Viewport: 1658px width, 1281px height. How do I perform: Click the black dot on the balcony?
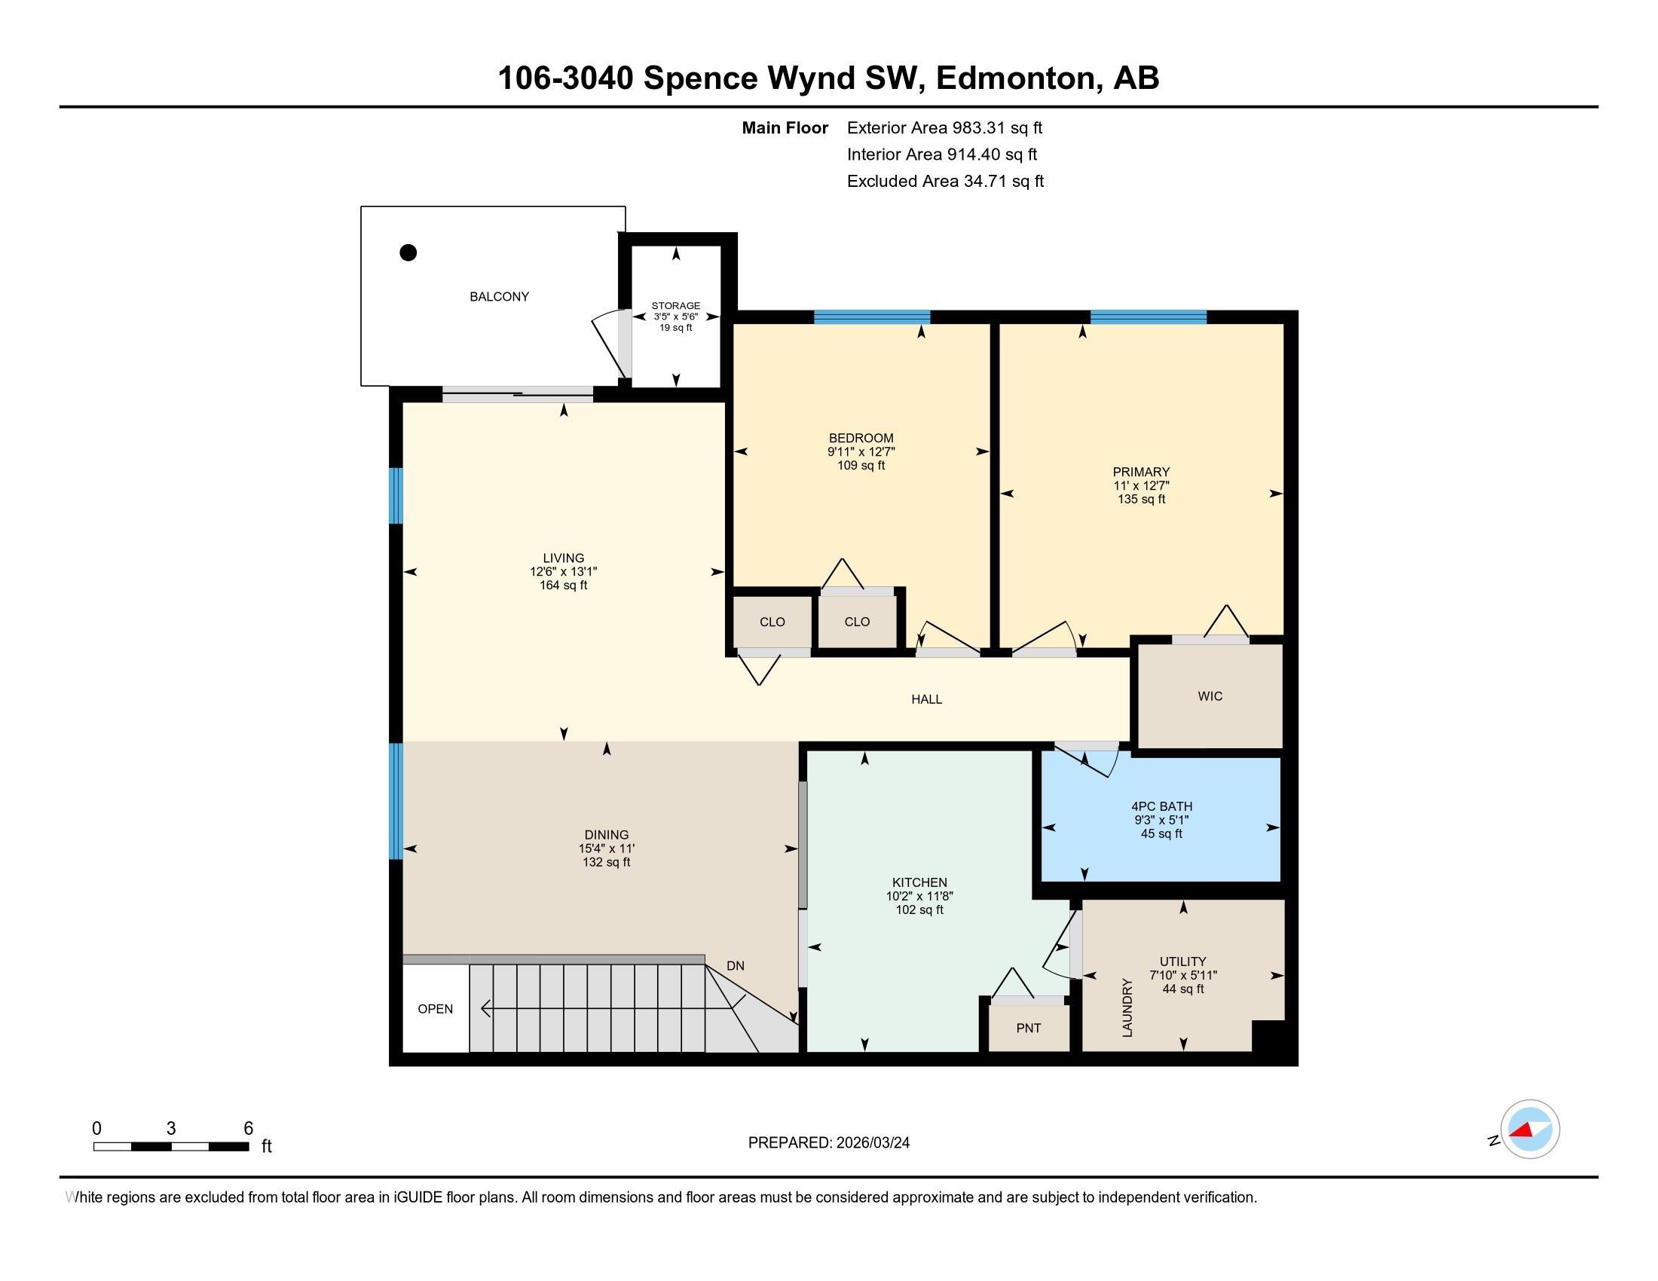tap(408, 252)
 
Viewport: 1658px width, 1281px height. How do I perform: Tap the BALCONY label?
tap(499, 297)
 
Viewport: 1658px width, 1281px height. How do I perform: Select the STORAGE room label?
tap(676, 306)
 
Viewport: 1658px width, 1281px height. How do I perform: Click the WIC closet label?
tap(1210, 696)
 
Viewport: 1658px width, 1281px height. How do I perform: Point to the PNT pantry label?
tap(1029, 1029)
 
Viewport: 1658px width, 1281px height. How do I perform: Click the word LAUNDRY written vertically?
tap(1127, 1007)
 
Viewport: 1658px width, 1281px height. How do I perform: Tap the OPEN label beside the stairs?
tap(435, 1008)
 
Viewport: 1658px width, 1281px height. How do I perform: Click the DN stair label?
tap(735, 966)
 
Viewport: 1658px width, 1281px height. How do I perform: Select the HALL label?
tap(926, 699)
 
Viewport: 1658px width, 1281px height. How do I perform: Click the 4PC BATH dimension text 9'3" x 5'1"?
tap(1161, 821)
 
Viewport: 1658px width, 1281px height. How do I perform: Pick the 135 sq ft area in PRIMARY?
tap(1141, 500)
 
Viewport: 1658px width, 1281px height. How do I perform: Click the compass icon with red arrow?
tap(1530, 1130)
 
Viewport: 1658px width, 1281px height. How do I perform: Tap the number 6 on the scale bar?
tap(248, 1129)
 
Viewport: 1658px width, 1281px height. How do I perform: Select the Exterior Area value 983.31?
tap(977, 127)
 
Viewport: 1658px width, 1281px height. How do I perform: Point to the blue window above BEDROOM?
tap(872, 317)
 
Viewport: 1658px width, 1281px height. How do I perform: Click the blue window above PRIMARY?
tap(1149, 317)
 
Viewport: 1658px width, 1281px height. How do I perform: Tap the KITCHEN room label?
tap(919, 882)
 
